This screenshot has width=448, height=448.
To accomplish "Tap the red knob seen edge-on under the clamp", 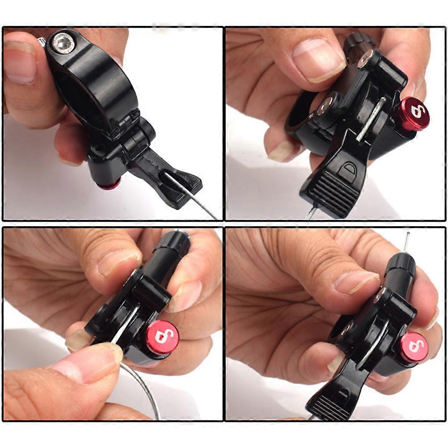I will coord(109,184).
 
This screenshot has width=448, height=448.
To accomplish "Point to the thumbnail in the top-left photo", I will coord(20,62).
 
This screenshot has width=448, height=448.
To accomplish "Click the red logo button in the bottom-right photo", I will coord(414,347).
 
